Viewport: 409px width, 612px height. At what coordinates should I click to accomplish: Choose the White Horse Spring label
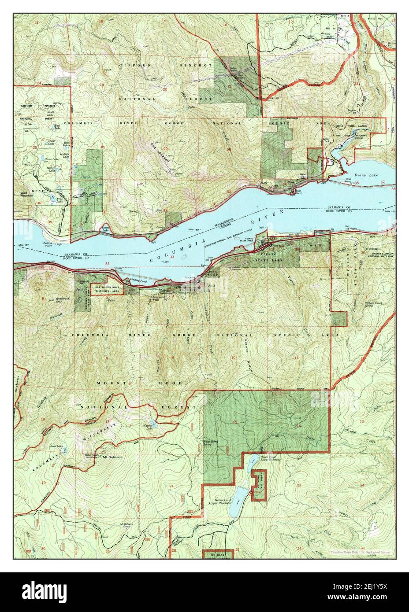210,443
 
